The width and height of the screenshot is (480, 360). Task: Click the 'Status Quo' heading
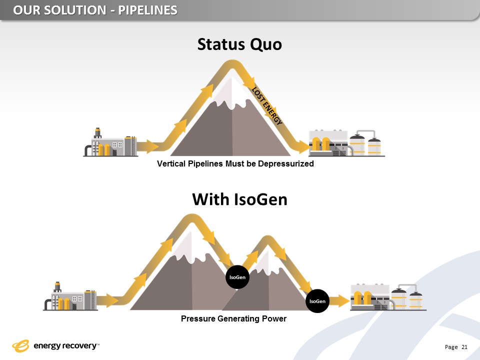tap(239, 44)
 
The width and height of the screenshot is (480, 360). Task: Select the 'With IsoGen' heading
tap(239, 200)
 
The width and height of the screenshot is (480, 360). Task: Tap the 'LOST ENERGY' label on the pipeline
tap(267, 106)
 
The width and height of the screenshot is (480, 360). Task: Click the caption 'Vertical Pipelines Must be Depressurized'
tap(235, 164)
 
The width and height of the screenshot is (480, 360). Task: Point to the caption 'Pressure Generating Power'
tap(233, 318)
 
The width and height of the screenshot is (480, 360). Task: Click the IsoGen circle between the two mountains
tap(237, 276)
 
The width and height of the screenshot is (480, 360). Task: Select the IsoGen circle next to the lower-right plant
tap(317, 301)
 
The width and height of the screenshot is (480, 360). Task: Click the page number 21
tap(464, 347)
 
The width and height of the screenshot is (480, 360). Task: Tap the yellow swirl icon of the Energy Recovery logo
tap(21, 345)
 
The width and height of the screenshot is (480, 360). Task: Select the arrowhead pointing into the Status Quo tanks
tap(303, 146)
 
